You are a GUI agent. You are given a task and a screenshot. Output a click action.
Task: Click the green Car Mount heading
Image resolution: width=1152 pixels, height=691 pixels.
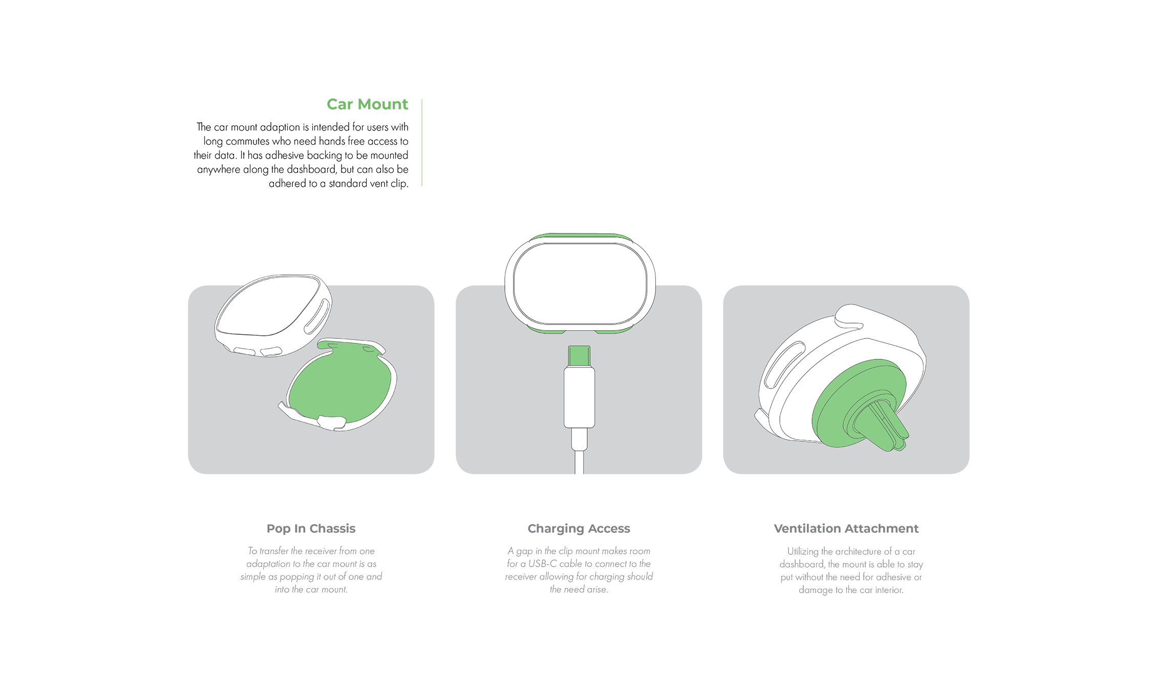(367, 104)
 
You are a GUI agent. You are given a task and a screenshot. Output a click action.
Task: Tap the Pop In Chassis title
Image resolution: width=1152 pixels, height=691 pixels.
(311, 529)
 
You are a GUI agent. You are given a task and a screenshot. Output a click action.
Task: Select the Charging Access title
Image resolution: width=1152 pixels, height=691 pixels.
(579, 529)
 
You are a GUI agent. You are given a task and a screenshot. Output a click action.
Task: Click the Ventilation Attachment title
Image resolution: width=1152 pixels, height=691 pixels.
(846, 529)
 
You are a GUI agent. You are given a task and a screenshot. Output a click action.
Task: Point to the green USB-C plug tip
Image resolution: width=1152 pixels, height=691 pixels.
(579, 356)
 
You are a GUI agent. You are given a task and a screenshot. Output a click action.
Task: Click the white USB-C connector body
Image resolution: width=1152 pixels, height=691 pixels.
(579, 397)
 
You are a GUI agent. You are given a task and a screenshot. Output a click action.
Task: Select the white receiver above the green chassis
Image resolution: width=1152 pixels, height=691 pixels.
(273, 315)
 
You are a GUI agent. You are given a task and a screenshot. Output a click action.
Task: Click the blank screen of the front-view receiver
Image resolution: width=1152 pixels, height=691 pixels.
(580, 284)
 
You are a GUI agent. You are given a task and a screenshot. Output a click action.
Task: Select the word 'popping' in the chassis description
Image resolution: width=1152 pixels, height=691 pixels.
(297, 577)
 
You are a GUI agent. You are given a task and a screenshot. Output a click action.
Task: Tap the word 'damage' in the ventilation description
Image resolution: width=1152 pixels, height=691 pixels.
(816, 590)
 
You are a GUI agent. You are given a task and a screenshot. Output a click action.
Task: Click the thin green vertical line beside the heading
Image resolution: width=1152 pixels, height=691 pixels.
(422, 142)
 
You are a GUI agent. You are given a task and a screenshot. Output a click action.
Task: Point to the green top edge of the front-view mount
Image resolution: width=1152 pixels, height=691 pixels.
(580, 236)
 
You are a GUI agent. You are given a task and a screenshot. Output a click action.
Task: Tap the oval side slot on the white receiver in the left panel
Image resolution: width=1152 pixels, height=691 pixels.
(317, 317)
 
